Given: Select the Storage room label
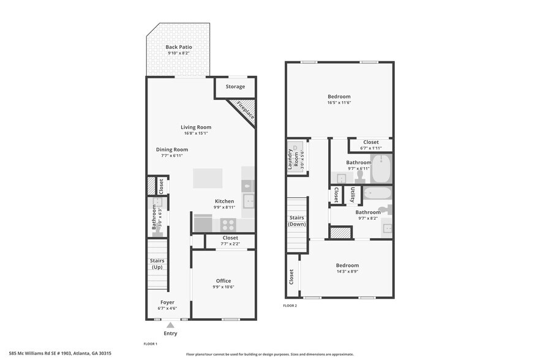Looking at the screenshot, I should [235, 87].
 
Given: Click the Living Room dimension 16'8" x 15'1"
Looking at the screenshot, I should [196, 133].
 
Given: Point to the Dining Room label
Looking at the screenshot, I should [172, 149].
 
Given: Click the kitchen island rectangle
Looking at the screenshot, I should [208, 178].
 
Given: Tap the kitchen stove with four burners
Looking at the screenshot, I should [228, 224].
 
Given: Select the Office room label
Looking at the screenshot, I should [223, 281].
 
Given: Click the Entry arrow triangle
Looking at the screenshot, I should [170, 325].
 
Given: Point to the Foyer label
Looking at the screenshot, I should [167, 302].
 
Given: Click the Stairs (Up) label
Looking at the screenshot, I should [157, 264].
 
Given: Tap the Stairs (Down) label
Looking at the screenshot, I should [297, 221].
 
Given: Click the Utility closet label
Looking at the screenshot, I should [353, 195].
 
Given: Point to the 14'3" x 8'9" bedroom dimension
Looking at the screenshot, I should [347, 272].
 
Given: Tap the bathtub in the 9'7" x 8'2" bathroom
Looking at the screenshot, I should [377, 194].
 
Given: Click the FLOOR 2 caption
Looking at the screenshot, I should [290, 305].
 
